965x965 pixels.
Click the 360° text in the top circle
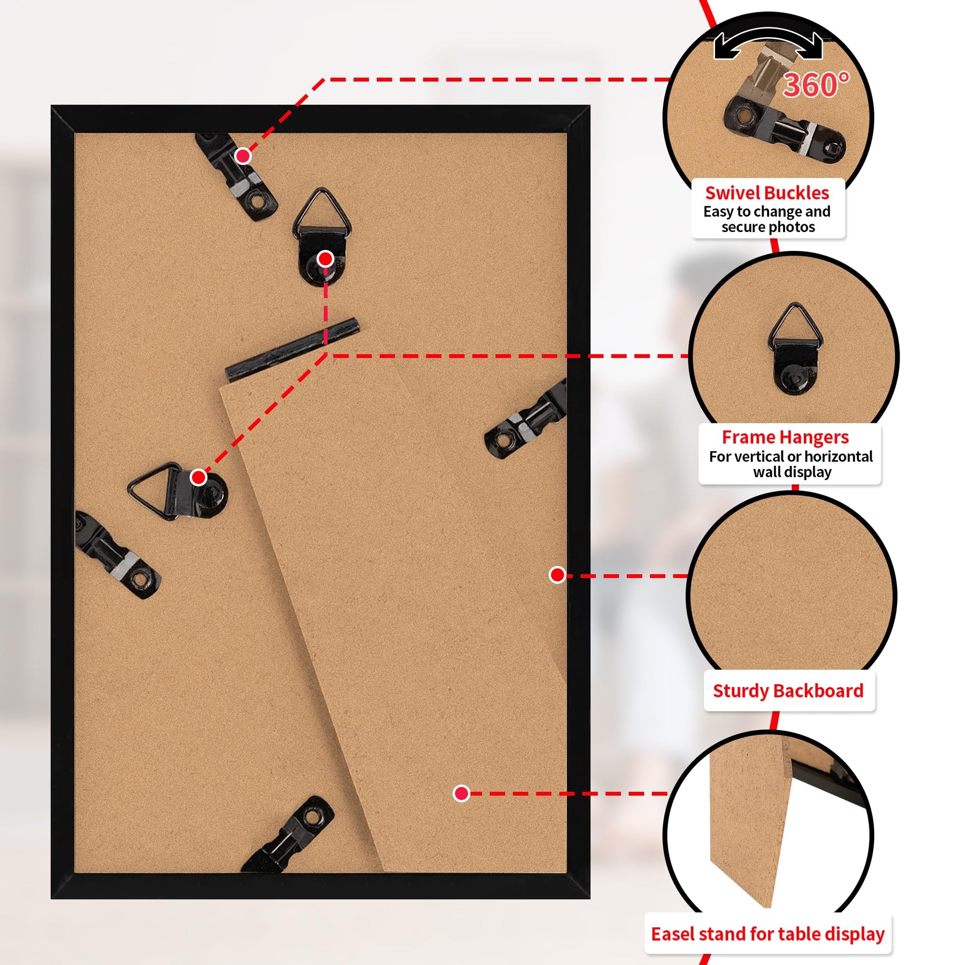(816, 84)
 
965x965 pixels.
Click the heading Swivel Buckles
(767, 193)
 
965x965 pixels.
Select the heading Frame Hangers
(785, 437)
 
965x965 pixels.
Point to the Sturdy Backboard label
(788, 691)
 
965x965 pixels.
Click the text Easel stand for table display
(768, 934)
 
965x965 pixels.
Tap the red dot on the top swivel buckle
(243, 156)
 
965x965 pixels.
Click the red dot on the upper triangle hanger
(325, 259)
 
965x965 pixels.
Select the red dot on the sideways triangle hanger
(198, 477)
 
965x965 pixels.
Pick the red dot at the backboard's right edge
(557, 575)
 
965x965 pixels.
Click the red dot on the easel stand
(461, 793)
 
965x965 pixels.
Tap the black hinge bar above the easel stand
(292, 350)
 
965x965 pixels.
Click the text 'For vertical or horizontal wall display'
(791, 464)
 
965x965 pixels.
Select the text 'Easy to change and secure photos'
(767, 219)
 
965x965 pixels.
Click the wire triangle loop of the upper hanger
(322, 212)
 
